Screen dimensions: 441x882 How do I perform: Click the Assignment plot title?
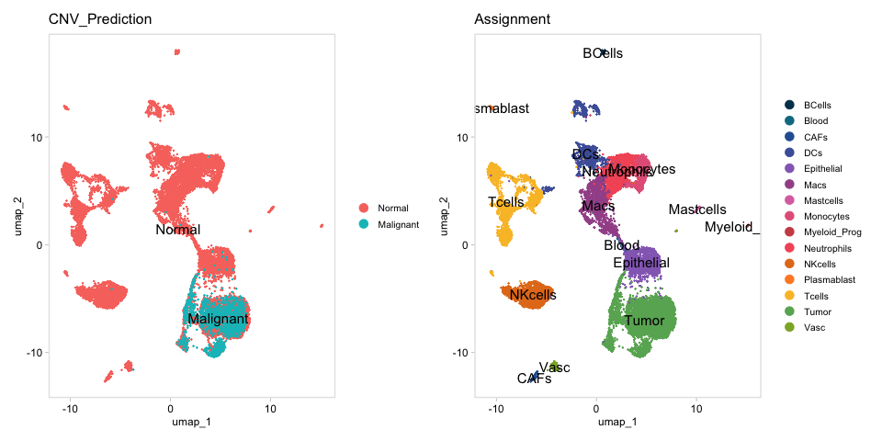[513, 19]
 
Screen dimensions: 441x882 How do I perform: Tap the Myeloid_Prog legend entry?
[832, 232]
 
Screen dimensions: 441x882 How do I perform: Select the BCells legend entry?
[817, 105]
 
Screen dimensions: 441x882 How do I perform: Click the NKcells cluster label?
[533, 295]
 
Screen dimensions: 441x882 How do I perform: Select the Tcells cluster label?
[506, 202]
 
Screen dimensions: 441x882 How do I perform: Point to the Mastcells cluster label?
[697, 209]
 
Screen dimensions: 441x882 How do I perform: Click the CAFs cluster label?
[534, 379]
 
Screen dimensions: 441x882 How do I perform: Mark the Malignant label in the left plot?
[218, 319]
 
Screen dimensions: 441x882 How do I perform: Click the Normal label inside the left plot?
[178, 230]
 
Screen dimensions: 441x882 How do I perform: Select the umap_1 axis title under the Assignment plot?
[617, 422]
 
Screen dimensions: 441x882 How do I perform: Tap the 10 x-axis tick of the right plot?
[695, 406]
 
